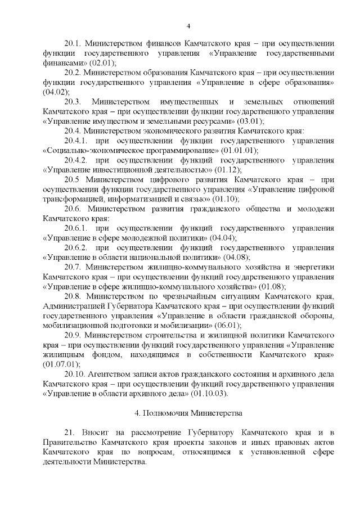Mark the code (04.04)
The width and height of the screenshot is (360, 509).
click(x=223, y=238)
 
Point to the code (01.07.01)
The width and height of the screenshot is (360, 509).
click(x=59, y=364)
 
